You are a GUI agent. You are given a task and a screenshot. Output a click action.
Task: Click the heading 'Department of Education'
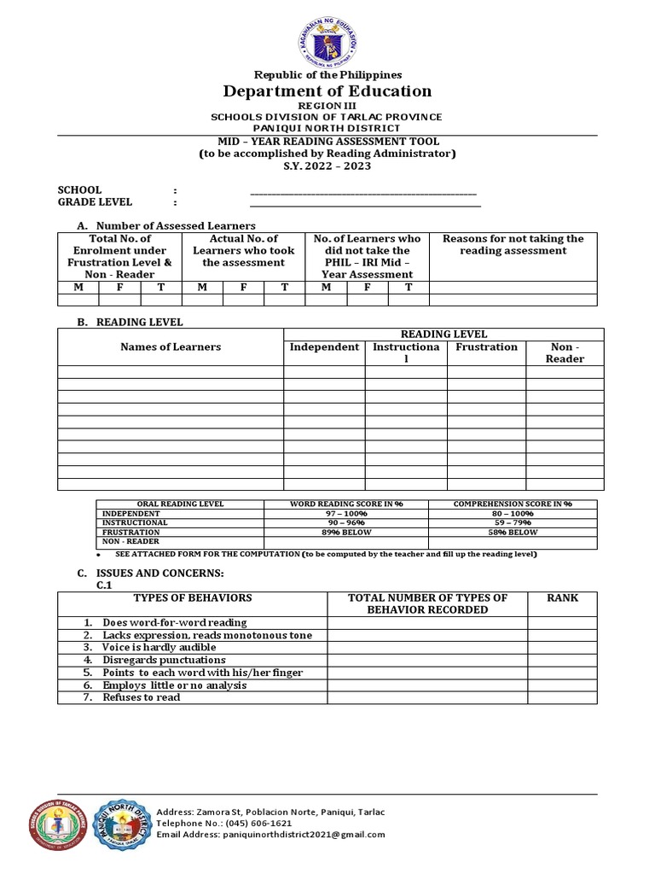pyautogui.click(x=327, y=91)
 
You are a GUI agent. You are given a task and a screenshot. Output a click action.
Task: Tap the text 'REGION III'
pyautogui.click(x=327, y=105)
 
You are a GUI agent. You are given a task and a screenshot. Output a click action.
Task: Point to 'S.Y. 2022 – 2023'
pyautogui.click(x=327, y=166)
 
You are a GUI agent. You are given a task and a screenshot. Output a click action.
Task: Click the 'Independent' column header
pyautogui.click(x=324, y=347)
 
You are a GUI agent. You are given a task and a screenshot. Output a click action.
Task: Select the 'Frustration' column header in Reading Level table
pyautogui.click(x=486, y=347)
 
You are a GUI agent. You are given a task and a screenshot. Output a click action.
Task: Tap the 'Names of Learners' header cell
pyautogui.click(x=171, y=347)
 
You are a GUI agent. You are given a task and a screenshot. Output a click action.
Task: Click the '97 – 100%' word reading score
pyautogui.click(x=346, y=514)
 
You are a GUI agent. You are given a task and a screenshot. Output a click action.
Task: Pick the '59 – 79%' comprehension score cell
pyautogui.click(x=513, y=522)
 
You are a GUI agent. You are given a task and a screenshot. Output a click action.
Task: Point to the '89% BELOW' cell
pyautogui.click(x=346, y=532)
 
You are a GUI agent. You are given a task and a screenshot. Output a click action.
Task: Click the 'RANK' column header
pyautogui.click(x=562, y=598)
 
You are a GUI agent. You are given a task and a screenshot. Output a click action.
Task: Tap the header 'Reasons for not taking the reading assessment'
pyautogui.click(x=513, y=245)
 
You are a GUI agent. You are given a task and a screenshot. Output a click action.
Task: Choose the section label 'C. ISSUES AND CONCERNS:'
pyautogui.click(x=150, y=572)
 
